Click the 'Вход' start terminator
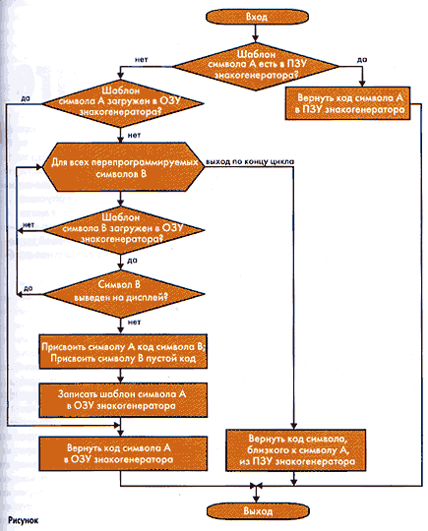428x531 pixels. point(257,17)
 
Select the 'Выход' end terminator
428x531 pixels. point(258,510)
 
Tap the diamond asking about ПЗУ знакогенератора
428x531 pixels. point(256,66)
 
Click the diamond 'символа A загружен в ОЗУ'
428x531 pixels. point(122,103)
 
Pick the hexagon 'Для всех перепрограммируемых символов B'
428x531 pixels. point(122,167)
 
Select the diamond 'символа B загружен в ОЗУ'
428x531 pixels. point(124,230)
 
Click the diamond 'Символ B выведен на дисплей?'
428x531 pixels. point(123,294)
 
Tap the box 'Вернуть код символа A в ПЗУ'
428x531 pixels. point(348,103)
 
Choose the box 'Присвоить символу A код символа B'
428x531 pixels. point(123,351)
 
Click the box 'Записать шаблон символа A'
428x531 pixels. point(123,400)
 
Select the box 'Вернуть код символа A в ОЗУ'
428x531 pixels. point(123,453)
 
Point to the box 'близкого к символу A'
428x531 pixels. point(296,450)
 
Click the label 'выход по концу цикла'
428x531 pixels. point(250,161)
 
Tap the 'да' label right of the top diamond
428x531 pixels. point(362,60)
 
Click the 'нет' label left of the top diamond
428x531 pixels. point(142,60)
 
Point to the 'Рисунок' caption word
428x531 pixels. point(24,520)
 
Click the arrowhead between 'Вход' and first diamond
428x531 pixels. point(256,37)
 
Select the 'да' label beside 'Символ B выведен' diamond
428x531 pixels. point(29,288)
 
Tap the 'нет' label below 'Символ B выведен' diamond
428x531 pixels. point(134,323)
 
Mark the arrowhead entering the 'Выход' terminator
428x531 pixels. point(257,499)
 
